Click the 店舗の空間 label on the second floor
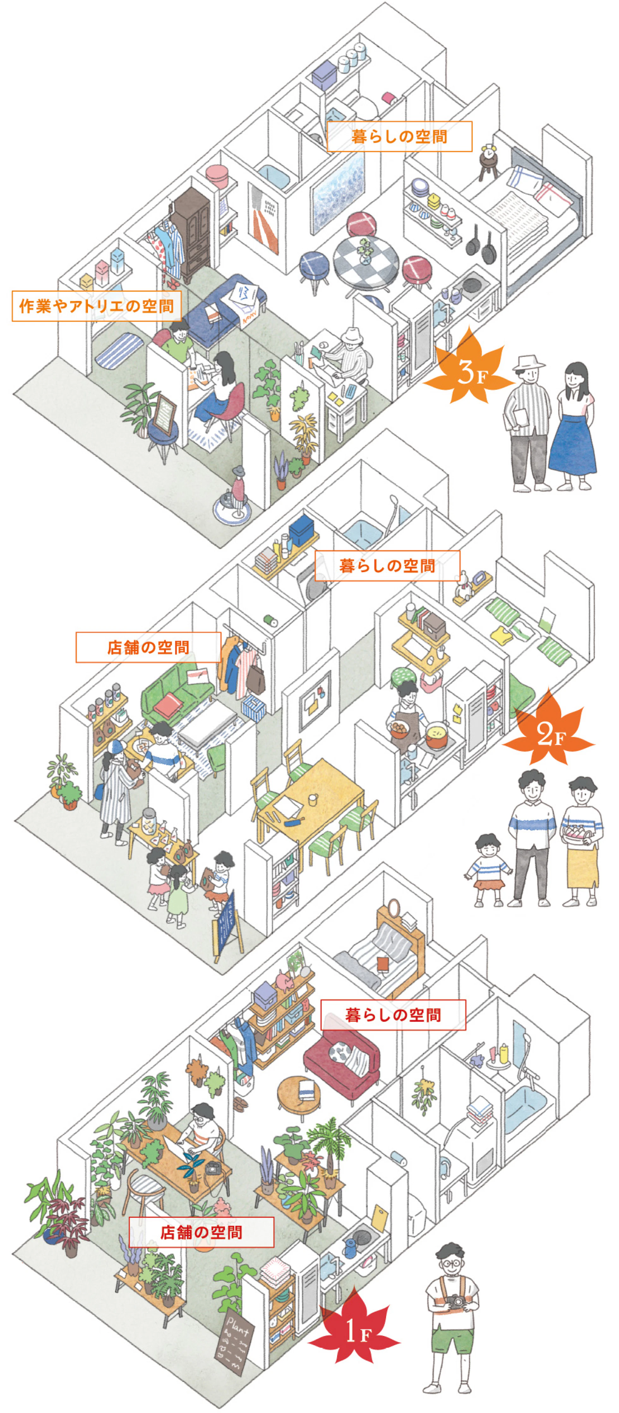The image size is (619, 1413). click(148, 647)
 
